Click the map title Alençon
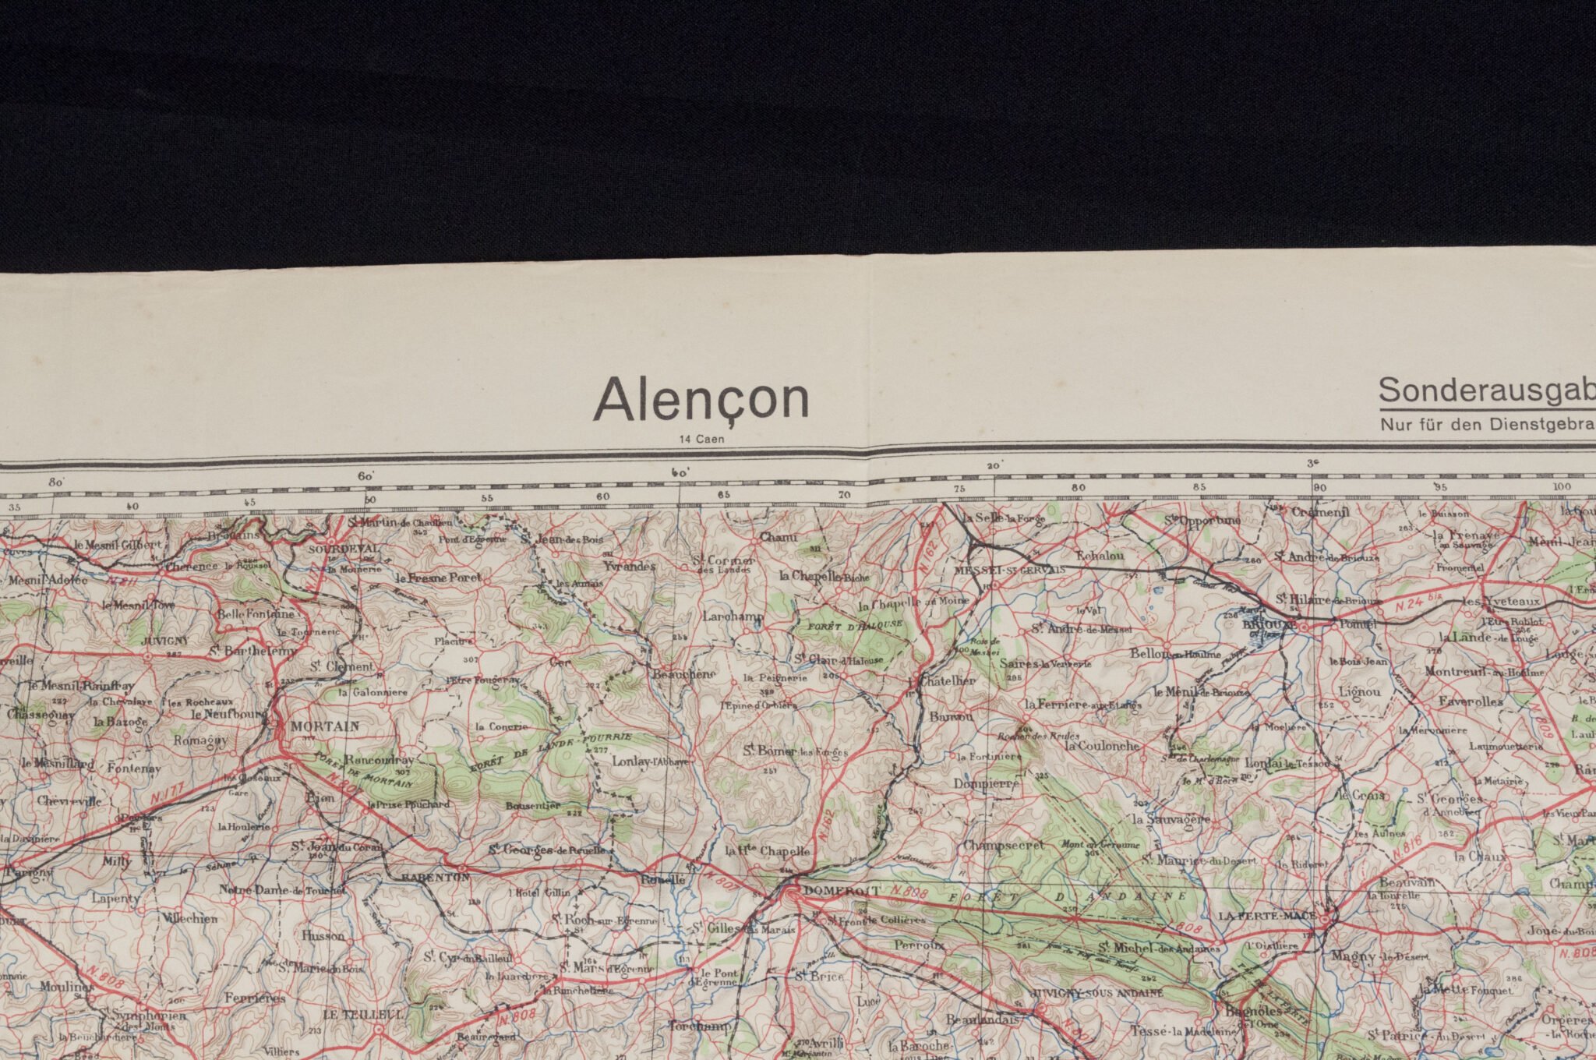pyautogui.click(x=701, y=400)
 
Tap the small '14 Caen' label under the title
pyautogui.click(x=701, y=440)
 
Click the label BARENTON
pyautogui.click(x=435, y=877)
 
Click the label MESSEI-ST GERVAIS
pyautogui.click(x=1009, y=570)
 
